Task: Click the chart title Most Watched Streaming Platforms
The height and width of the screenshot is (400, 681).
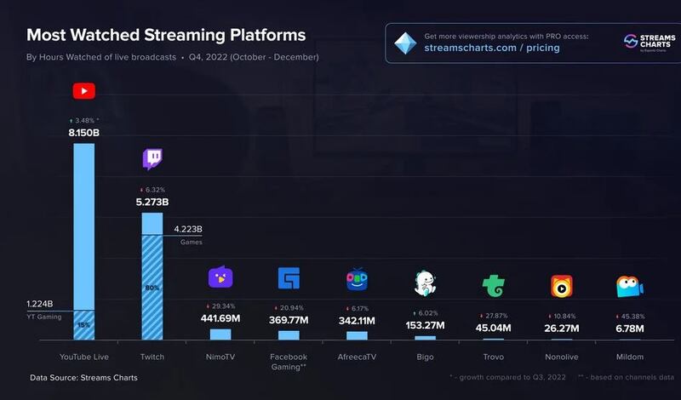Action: (166, 36)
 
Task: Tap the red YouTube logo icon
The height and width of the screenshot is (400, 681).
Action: (83, 91)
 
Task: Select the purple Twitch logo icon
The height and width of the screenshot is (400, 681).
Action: (152, 158)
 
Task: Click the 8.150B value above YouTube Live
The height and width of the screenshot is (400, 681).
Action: (83, 134)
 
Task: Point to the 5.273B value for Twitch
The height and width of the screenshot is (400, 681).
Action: (152, 202)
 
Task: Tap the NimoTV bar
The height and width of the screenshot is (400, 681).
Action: (220, 334)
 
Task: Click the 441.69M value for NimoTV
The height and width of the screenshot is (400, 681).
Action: (220, 318)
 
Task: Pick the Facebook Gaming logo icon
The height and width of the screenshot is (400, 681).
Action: (289, 278)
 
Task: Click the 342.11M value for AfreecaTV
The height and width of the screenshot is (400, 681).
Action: (357, 318)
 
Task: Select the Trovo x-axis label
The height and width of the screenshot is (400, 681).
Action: (493, 357)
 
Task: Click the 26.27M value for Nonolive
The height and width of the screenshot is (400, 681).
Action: (561, 328)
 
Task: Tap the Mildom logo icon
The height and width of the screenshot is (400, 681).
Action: (629, 287)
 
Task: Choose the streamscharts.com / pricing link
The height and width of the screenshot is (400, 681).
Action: (491, 48)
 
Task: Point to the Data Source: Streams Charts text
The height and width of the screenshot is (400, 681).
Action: (83, 377)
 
